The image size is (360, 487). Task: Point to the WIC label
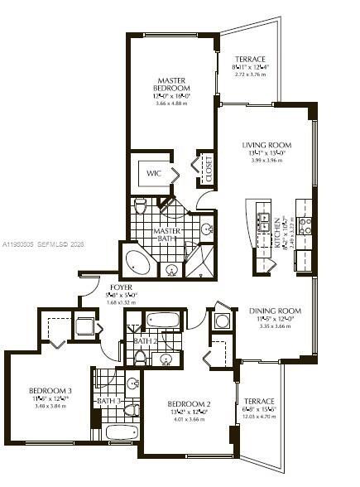click(154, 174)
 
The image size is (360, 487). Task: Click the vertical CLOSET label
click(209, 168)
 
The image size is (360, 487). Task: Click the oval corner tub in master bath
click(138, 263)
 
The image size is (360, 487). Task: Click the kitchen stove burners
click(305, 222)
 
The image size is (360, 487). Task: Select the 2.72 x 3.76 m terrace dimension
click(249, 75)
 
